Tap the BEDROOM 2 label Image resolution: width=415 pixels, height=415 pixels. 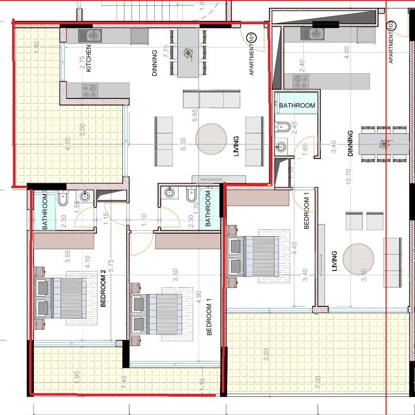(103, 291)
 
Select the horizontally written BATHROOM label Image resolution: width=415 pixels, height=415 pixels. (297, 105)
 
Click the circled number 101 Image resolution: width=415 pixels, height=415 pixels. (251, 37)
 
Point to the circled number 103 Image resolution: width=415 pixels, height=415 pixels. (390, 25)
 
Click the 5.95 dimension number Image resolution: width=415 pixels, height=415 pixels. (195, 115)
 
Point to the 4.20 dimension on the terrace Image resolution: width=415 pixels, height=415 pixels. (67, 144)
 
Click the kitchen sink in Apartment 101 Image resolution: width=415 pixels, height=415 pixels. (91, 35)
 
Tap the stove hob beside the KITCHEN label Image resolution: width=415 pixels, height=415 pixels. (89, 89)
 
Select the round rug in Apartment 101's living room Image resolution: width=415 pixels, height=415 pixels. (211, 139)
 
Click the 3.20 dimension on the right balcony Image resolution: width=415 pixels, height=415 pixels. (266, 355)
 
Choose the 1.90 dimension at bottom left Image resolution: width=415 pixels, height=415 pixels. (77, 377)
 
